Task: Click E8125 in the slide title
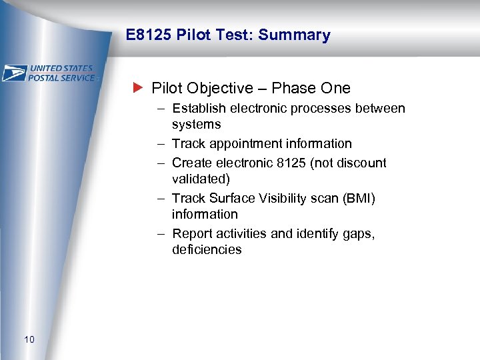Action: pyautogui.click(x=149, y=35)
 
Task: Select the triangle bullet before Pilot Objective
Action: pyautogui.click(x=138, y=88)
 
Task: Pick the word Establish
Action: pyautogui.click(x=197, y=109)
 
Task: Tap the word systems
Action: pyautogui.click(x=196, y=125)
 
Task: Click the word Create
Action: pyautogui.click(x=189, y=163)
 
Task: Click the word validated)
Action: pyautogui.click(x=199, y=179)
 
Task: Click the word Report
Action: pyautogui.click(x=191, y=234)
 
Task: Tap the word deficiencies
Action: pyautogui.click(x=207, y=250)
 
